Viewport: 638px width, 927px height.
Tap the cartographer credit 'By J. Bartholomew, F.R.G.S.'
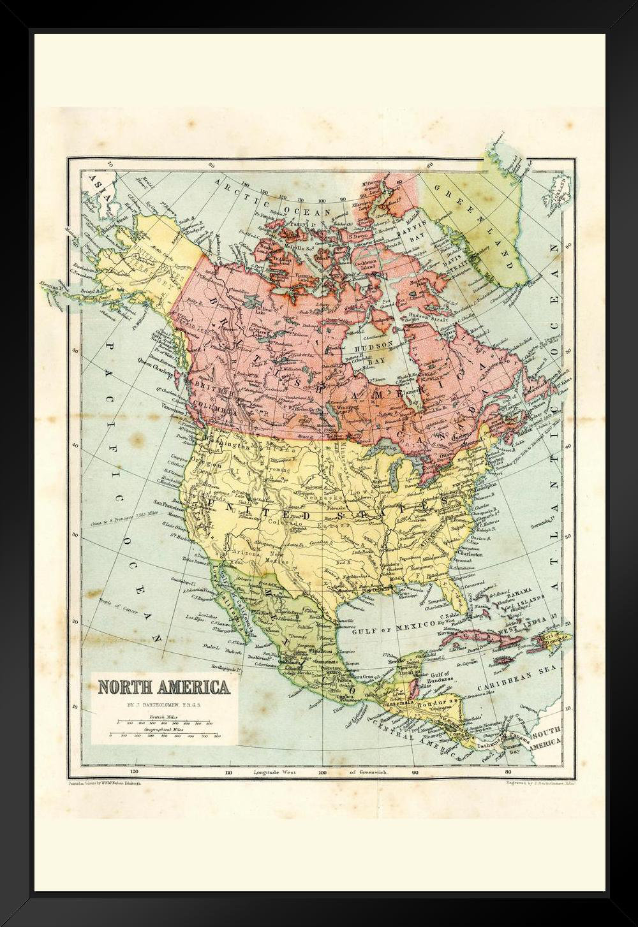[163, 706]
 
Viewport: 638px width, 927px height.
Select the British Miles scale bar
[164, 724]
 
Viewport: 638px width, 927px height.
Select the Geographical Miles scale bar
[164, 735]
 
